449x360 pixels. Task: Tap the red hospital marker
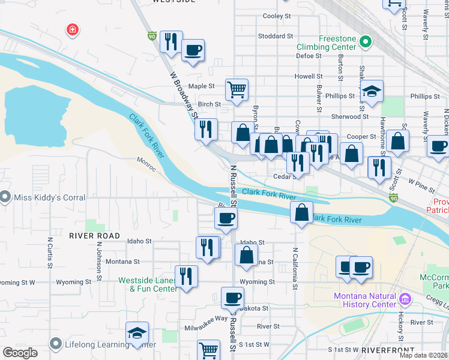pos(72,29)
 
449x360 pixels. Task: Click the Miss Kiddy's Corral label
pos(43,196)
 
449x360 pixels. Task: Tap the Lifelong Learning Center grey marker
pos(56,344)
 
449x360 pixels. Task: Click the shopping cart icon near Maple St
pos(237,89)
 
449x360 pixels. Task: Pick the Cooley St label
pos(277,16)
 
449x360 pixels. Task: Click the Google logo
pos(20,353)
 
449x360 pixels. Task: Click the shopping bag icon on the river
pos(301,212)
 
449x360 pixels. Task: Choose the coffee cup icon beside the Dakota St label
pos(232,298)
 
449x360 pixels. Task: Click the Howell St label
pos(309,76)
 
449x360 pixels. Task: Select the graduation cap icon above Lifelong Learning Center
pos(137,333)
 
